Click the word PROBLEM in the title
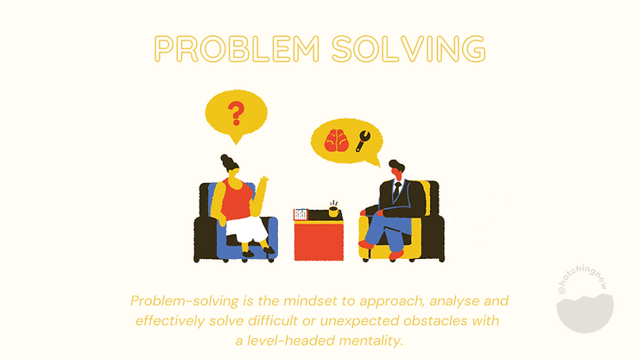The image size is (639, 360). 237,49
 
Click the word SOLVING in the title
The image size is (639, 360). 408,49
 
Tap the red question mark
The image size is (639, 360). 236,113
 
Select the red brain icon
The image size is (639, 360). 337,141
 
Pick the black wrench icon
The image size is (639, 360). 363,141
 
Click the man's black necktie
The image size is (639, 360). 396,192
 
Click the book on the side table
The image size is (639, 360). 301,215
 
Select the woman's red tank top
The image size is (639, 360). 237,199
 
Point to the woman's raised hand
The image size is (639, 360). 264,180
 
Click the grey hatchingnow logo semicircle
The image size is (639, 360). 585,313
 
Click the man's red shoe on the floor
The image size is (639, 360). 366,244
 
